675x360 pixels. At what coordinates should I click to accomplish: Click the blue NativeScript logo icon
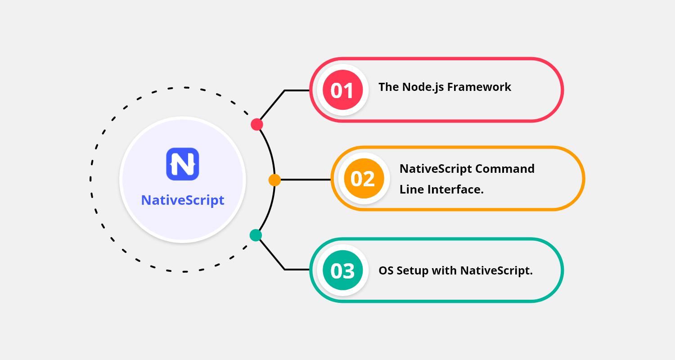coord(182,164)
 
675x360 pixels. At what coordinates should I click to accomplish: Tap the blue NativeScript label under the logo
coord(183,200)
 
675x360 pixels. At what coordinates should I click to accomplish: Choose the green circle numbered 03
coord(343,271)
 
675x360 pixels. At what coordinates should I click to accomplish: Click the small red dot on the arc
coord(257,125)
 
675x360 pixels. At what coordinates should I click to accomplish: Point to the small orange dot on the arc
coord(274,180)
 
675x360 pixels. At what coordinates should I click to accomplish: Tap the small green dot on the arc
coord(256,235)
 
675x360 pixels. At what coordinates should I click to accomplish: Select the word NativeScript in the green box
coord(496,271)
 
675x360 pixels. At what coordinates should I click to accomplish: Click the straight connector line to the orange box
coord(306,180)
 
